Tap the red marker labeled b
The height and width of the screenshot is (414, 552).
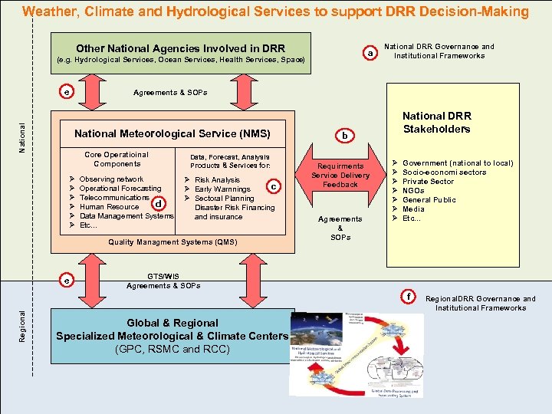345,135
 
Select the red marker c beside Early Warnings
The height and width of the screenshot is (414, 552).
274,186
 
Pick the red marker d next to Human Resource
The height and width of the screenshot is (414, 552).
157,203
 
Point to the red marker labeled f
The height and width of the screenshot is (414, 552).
409,296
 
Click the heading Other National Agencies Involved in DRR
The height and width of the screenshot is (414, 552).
181,48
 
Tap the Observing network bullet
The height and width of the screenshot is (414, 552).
111,179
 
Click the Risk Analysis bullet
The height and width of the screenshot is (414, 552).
217,180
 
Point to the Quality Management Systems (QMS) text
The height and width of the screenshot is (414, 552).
172,242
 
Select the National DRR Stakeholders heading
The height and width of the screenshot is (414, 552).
436,122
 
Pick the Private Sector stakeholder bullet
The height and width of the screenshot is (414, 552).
428,182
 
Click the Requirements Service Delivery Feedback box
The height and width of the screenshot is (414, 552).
340,175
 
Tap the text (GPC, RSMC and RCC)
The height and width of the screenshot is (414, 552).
172,349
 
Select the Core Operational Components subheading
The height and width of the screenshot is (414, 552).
117,159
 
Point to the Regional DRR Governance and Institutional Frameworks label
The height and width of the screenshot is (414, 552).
481,303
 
